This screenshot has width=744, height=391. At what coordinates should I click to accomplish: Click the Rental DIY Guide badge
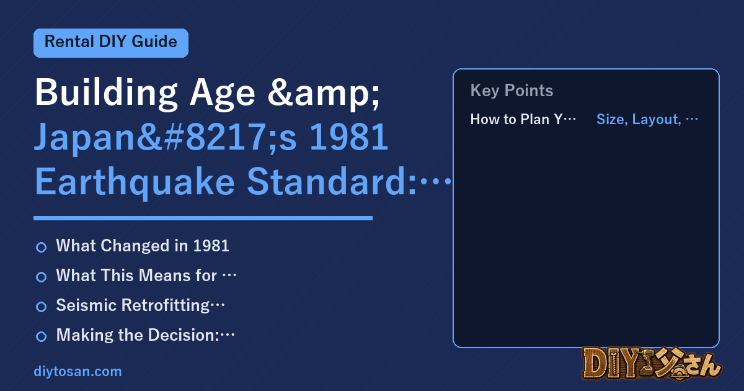(x=111, y=43)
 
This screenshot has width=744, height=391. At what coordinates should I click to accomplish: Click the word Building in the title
(x=106, y=92)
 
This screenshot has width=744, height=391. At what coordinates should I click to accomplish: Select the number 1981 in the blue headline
(x=348, y=137)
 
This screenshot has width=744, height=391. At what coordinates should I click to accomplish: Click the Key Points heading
(x=511, y=91)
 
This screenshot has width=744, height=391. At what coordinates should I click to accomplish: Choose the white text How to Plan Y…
(x=523, y=119)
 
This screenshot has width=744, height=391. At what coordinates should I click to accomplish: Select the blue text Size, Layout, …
(x=647, y=119)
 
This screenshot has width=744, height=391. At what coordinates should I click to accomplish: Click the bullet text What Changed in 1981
(x=143, y=246)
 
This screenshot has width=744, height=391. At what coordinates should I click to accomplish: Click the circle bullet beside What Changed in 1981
(x=41, y=248)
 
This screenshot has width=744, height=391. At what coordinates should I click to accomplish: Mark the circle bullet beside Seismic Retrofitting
(x=41, y=307)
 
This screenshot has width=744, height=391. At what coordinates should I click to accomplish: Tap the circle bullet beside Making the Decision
(x=41, y=336)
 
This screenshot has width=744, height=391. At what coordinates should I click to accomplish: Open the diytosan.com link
(x=77, y=371)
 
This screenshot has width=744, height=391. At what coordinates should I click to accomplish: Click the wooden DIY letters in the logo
(x=611, y=364)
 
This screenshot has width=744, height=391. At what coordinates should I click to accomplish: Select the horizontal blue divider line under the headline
(x=203, y=218)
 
